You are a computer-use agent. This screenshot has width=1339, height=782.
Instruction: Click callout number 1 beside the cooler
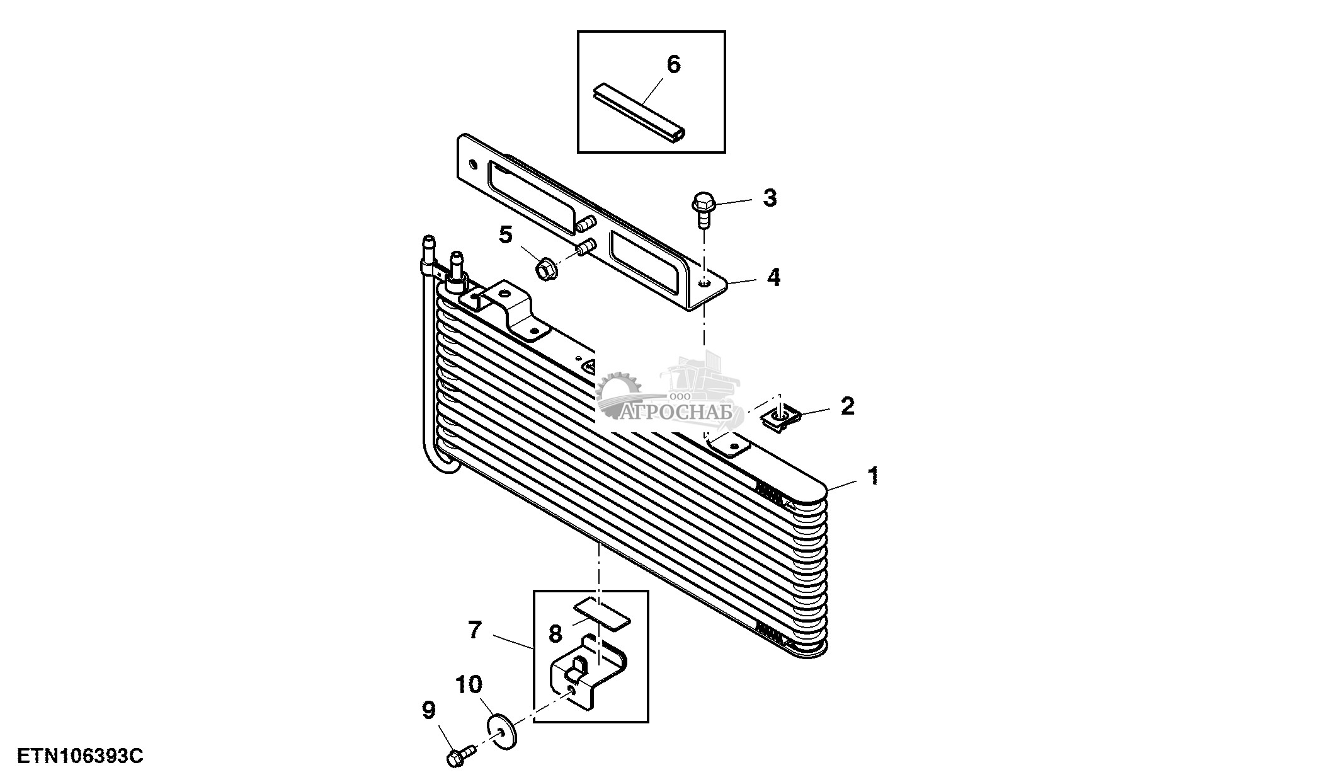coord(873,476)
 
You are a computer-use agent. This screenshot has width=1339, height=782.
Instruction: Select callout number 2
coord(848,406)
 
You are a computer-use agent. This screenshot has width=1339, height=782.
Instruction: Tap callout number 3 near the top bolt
coord(770,198)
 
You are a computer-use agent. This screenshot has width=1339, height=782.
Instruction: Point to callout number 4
coord(773,277)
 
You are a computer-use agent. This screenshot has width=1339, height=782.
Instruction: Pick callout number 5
coord(506,236)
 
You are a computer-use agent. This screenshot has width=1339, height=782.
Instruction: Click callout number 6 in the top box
coord(673,64)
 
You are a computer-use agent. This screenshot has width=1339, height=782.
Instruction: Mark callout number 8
coord(555,633)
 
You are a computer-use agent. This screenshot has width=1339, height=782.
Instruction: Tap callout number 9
coord(428,711)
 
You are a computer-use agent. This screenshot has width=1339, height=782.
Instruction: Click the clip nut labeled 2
coord(779,417)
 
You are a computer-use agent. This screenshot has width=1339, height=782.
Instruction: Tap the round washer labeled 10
coord(502,732)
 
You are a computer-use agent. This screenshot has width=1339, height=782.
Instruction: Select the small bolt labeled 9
coord(459,757)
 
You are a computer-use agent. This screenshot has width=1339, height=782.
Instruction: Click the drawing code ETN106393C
coord(80,756)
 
